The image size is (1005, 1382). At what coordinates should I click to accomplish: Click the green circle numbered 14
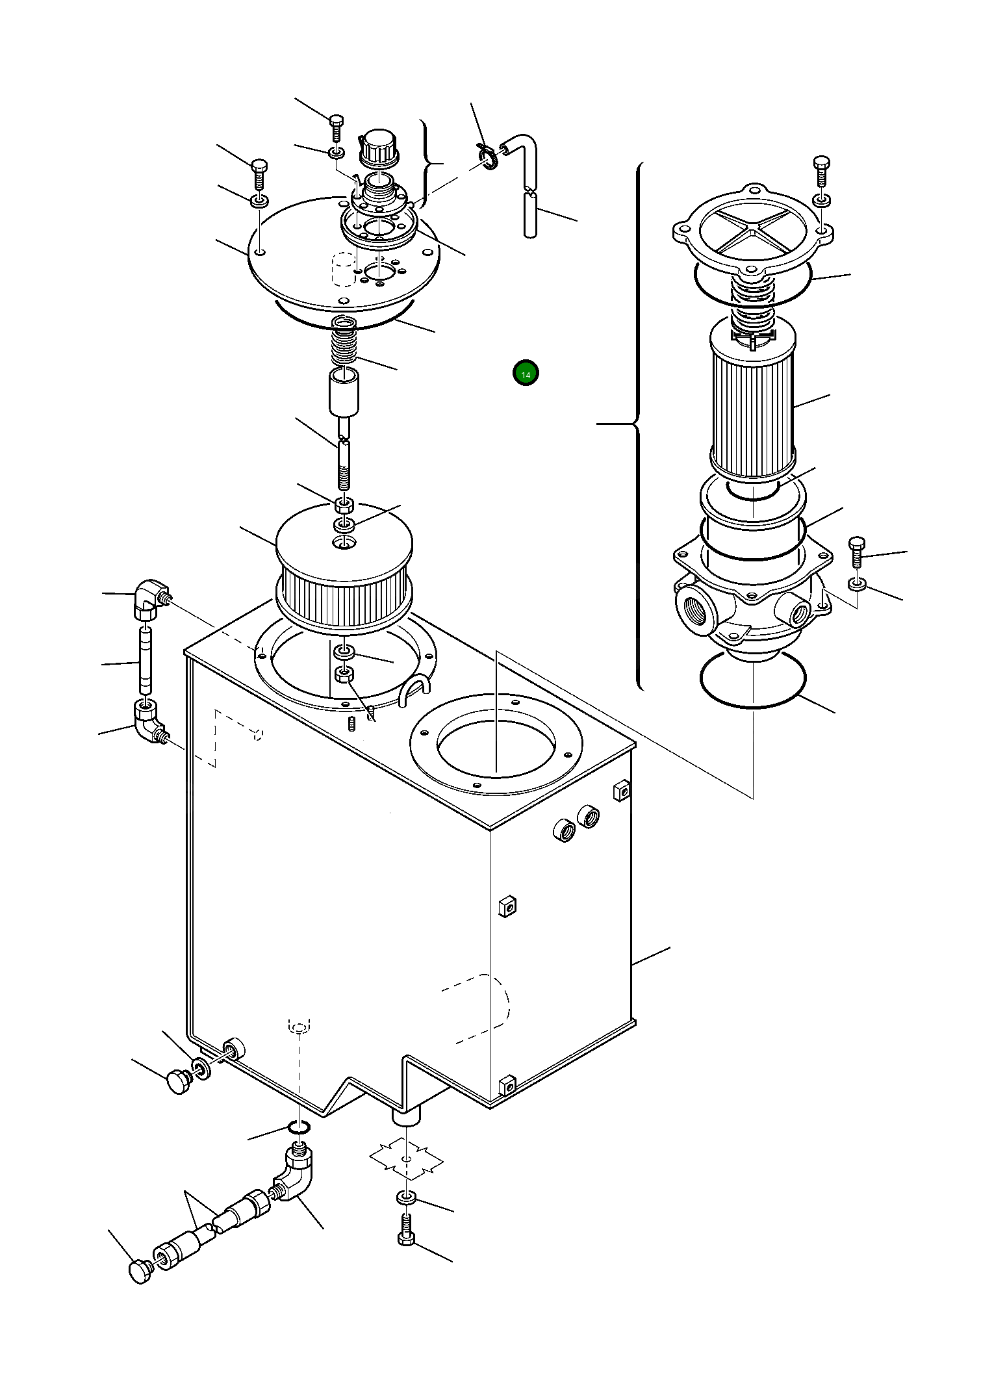click(x=526, y=374)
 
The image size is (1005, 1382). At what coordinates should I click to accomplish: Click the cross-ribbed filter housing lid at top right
click(x=752, y=227)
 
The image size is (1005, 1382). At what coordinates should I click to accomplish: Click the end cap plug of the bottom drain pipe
click(x=140, y=1270)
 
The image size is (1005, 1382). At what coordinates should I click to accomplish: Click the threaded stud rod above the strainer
click(x=344, y=463)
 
